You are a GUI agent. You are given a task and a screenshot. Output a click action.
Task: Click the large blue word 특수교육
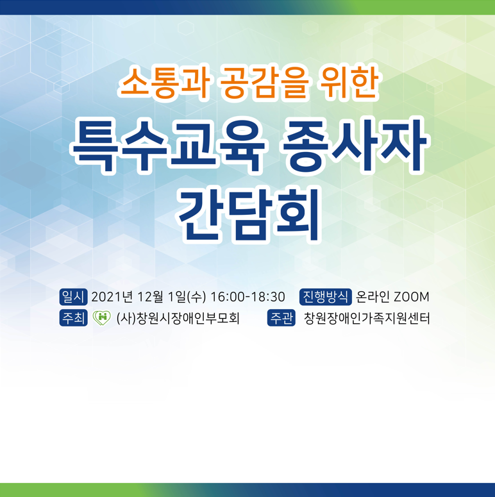pos(168,146)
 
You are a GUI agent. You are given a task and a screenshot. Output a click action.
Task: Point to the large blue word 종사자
pos(356,146)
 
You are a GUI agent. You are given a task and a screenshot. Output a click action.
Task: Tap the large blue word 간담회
pos(249,215)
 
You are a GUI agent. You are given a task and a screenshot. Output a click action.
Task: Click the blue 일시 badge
pos(73,297)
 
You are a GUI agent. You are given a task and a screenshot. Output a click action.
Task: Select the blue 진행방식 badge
pos(326,297)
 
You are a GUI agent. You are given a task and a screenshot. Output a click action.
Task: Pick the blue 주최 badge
pos(73,318)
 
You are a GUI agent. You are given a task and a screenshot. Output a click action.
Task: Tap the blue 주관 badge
pos(281,318)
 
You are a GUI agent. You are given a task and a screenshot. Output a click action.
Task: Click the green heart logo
pos(102,317)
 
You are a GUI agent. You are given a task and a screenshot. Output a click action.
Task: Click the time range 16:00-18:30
pos(247,297)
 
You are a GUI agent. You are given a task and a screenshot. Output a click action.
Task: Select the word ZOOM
pos(412,297)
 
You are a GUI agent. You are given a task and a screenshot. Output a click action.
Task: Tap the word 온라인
pos(373,297)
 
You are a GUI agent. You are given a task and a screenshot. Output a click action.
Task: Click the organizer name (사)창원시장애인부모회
pos(178,318)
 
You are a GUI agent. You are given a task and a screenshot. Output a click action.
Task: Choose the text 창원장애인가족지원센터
pos(367,318)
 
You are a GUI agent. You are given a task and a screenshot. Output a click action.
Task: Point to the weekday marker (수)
pos(196,297)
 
